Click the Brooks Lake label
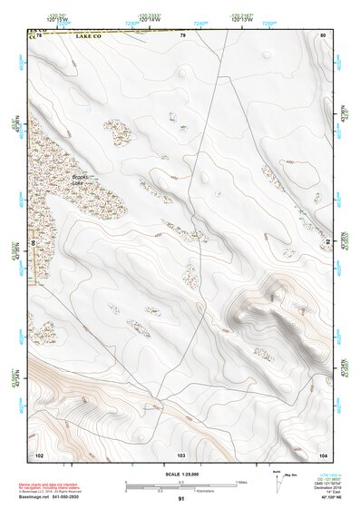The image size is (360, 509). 83,180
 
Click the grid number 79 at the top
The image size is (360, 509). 182,35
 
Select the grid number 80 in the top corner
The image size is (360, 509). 323,35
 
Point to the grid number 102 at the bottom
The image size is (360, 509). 38,453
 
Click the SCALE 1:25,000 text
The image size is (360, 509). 182,473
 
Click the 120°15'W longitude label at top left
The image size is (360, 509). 58,19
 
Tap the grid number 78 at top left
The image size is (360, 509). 39,34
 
